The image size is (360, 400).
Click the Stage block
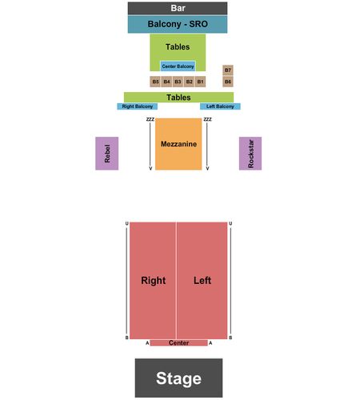click(x=178, y=378)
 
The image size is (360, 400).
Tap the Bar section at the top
click(x=178, y=8)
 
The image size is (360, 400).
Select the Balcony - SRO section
click(x=178, y=24)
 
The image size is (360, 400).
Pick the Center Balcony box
click(x=178, y=66)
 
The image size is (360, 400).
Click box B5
click(x=155, y=82)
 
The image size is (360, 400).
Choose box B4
click(x=166, y=82)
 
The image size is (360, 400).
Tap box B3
click(x=178, y=82)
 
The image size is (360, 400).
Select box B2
click(x=189, y=82)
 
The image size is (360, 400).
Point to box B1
click(x=200, y=82)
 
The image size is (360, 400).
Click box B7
click(x=228, y=70)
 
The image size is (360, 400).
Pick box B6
click(x=228, y=82)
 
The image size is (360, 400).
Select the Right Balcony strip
click(x=138, y=106)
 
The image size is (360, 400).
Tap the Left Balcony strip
click(x=220, y=106)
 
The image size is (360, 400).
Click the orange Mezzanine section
click(x=178, y=144)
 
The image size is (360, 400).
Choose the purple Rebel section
click(x=107, y=154)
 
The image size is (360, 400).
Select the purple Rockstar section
click(x=250, y=154)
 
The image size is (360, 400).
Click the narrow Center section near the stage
click(x=178, y=343)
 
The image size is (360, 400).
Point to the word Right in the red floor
click(x=154, y=281)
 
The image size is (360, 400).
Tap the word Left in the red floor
click(x=202, y=281)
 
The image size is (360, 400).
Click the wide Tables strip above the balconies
click(x=178, y=98)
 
